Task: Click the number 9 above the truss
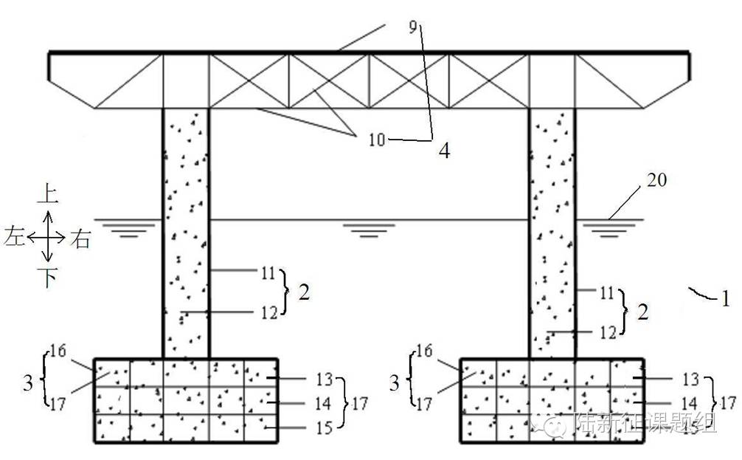click(x=413, y=28)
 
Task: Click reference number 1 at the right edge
click(x=725, y=299)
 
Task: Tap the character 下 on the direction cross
click(x=47, y=278)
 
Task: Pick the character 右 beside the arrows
click(x=80, y=238)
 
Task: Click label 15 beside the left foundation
click(x=325, y=427)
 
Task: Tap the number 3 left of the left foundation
click(x=28, y=384)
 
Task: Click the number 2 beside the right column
click(x=642, y=312)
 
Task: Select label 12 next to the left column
click(x=268, y=312)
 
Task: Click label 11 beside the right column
click(x=606, y=293)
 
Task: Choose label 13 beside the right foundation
click(x=690, y=380)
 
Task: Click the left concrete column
click(x=185, y=229)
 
